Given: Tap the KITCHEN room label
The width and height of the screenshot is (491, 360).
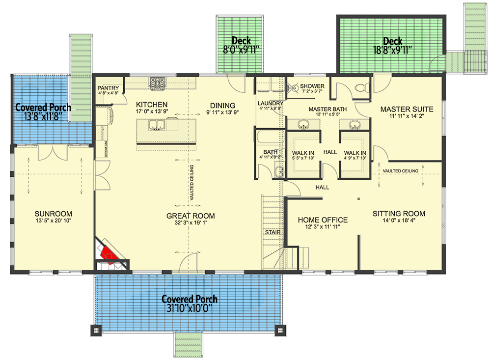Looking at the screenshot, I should coord(152,105).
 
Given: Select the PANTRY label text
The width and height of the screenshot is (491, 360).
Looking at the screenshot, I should coord(108,88).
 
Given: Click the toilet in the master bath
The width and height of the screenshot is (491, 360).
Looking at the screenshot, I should coord(361,88).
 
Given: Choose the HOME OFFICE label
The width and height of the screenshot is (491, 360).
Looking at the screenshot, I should coord(323,220).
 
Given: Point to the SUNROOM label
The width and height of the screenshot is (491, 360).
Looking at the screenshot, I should coord(54,214).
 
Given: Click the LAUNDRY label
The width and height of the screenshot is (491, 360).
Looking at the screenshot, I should coord(271,103).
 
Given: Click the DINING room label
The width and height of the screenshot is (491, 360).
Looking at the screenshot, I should coord(222,105).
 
